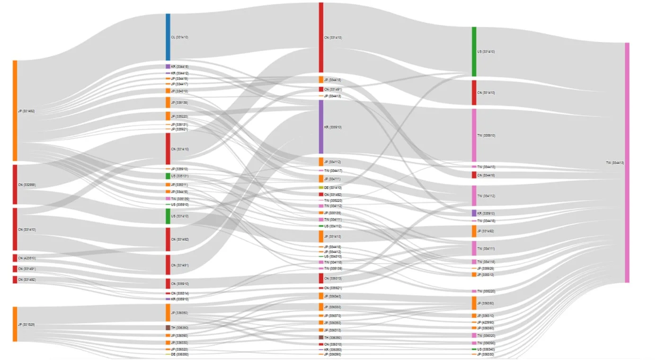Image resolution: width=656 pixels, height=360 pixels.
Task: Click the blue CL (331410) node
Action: [168, 37]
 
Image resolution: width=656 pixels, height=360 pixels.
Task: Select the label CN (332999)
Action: [27, 185]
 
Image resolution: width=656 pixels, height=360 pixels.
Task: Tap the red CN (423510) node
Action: [15, 258]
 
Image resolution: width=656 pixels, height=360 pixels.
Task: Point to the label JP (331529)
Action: [26, 325]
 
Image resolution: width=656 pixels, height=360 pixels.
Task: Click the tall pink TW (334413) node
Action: [627, 163]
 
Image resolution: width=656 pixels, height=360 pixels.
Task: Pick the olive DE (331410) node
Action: [321, 188]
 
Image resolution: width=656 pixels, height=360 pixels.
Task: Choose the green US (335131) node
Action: [168, 176]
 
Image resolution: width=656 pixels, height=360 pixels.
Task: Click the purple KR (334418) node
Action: [168, 67]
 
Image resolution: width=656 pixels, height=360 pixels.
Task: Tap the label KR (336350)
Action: [333, 350]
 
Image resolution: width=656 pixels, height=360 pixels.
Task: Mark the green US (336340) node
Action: [474, 349]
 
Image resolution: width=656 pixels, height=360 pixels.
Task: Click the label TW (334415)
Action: [486, 167]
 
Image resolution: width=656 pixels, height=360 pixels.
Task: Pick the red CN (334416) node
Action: [474, 175]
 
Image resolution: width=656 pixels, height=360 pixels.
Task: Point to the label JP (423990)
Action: [486, 323]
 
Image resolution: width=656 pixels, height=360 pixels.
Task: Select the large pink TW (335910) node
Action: [474, 135]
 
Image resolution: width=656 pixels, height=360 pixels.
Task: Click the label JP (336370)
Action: [333, 316]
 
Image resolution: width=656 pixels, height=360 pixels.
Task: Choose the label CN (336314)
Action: [180, 293]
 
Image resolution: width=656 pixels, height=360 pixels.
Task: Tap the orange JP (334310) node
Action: [168, 91]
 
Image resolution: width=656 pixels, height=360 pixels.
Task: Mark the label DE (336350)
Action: [180, 354]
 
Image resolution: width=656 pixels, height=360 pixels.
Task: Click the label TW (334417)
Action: [333, 171]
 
